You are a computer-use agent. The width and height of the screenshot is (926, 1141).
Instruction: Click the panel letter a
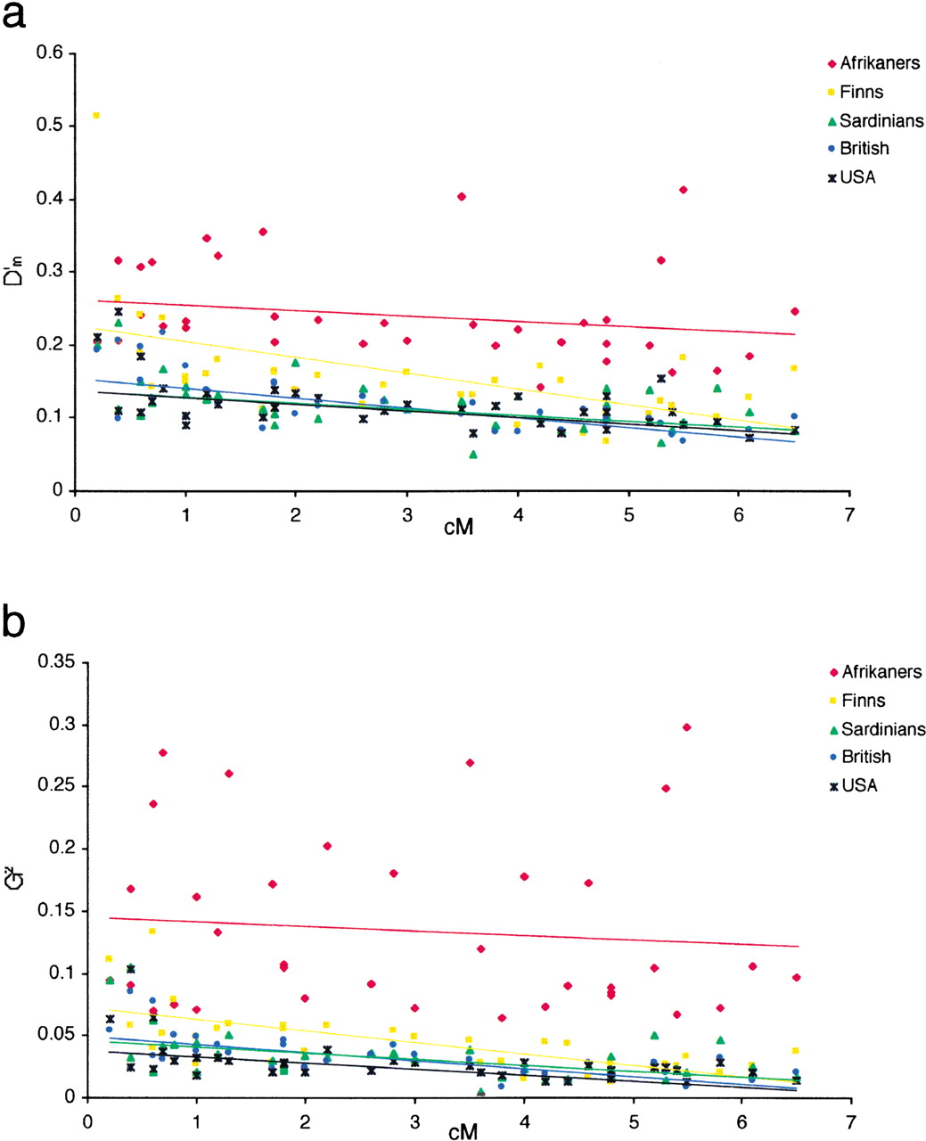coord(13,15)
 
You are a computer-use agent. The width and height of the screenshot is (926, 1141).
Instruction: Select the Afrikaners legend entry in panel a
coord(873,63)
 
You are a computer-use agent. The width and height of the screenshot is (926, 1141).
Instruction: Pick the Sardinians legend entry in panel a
coord(876,121)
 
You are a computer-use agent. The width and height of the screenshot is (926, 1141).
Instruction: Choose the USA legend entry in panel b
coord(853,785)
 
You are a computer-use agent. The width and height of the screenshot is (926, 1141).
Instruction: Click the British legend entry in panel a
coord(858,148)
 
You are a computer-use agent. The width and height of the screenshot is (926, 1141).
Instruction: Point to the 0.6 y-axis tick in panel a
coord(49,53)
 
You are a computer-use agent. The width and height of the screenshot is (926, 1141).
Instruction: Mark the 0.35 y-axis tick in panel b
coord(55,661)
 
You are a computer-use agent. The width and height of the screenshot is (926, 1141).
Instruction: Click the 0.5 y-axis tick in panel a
coord(49,126)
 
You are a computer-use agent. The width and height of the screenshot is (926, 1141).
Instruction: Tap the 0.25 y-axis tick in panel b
coord(55,786)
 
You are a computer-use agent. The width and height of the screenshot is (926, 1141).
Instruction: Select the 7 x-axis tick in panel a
coord(849,515)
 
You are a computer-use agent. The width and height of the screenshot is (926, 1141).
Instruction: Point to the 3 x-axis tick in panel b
coord(414,1122)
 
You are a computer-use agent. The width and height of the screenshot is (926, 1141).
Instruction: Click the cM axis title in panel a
coord(459,528)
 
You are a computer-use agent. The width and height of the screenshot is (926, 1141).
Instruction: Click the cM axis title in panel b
coord(463,1132)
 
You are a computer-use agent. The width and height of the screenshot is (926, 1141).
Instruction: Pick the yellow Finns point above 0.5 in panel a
coord(96,115)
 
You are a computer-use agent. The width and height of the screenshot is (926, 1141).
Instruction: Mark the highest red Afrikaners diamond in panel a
coord(683,190)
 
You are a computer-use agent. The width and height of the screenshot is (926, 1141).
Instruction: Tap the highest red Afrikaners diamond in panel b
coord(686,726)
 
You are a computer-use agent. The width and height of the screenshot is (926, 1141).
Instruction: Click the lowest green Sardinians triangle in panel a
coord(473,455)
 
